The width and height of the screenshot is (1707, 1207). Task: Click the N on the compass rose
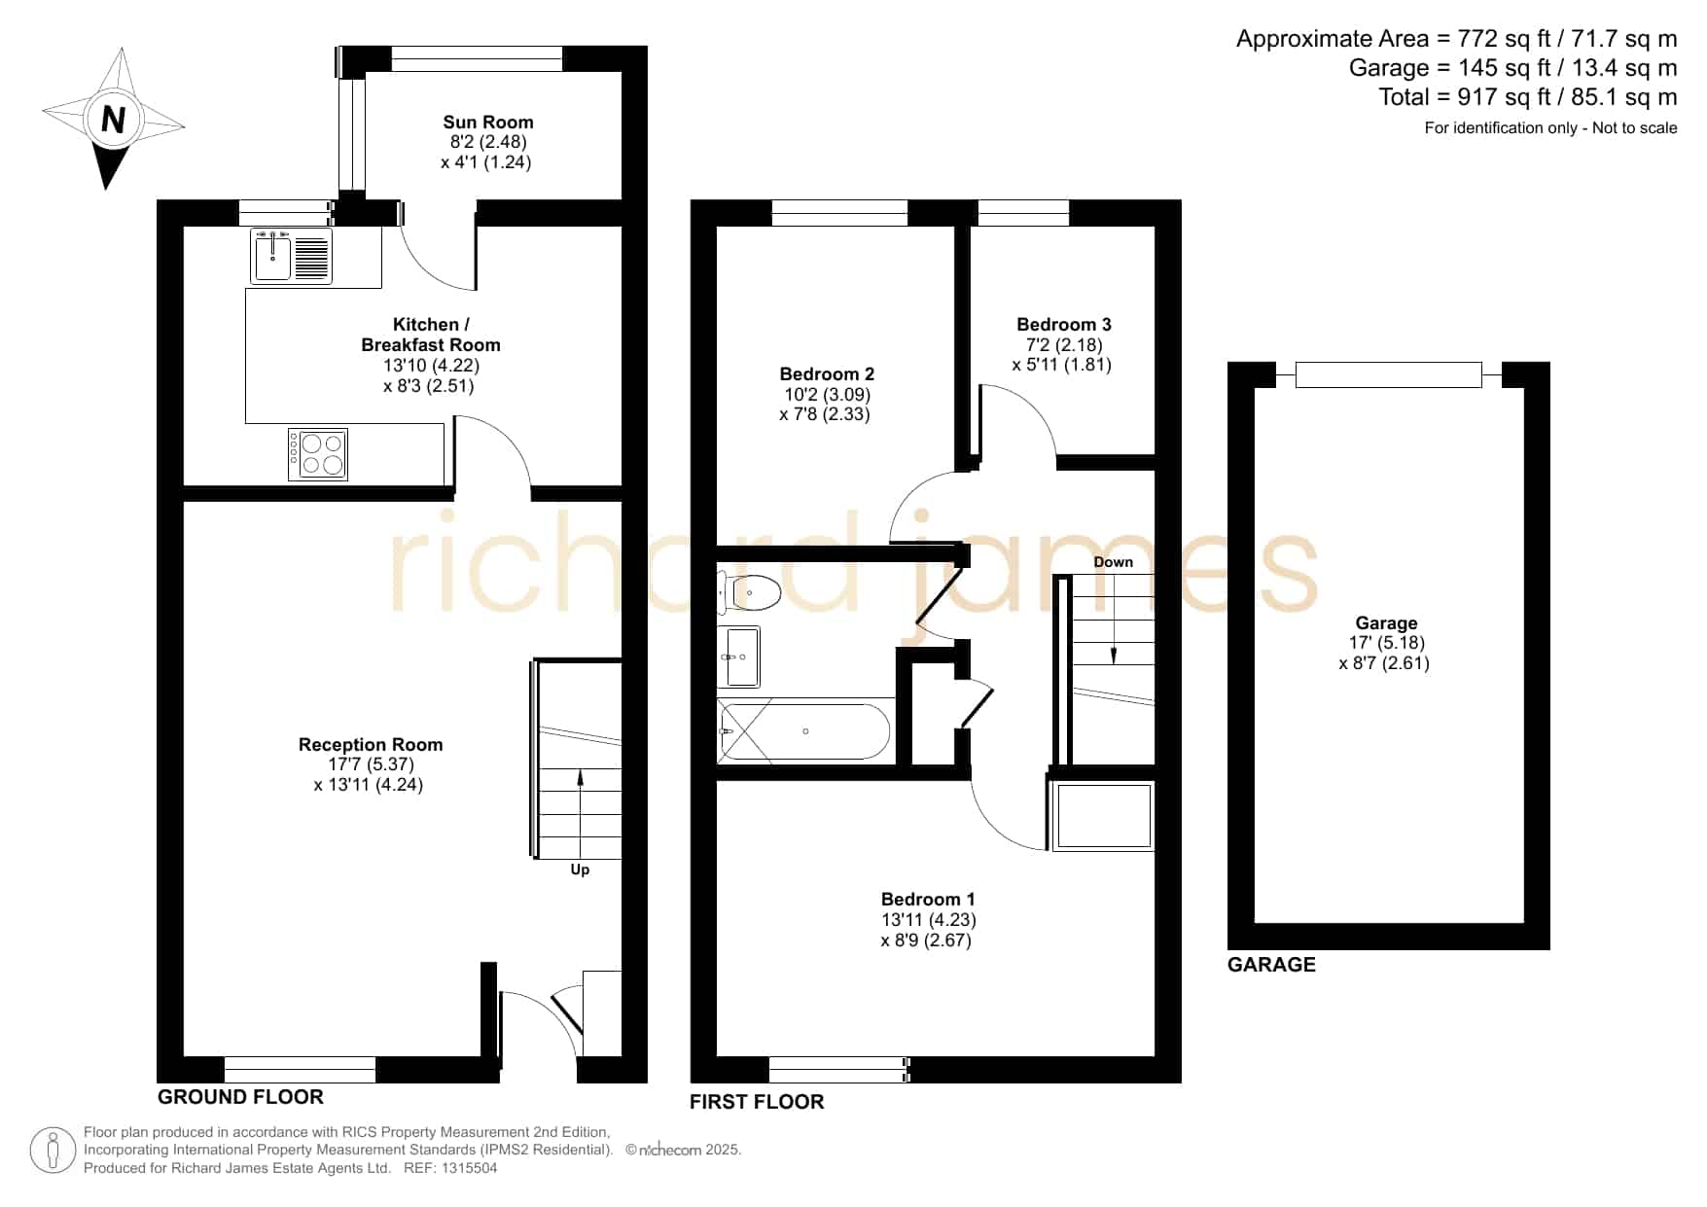click(114, 120)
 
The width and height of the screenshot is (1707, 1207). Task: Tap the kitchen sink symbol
click(292, 256)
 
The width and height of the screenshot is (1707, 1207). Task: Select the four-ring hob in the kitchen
click(318, 454)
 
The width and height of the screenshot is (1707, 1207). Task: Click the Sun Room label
click(488, 123)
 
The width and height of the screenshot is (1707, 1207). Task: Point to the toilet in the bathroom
click(749, 592)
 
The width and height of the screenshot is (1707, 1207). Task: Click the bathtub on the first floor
click(803, 731)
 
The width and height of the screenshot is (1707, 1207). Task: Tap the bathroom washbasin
click(739, 657)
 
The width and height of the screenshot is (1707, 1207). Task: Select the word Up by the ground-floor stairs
click(580, 870)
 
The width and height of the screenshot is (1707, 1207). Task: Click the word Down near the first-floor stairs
click(1114, 562)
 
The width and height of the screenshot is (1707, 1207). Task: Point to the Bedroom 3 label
click(1064, 325)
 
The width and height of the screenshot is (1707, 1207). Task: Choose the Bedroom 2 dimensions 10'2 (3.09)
click(827, 395)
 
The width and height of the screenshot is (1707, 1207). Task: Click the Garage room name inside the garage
click(1386, 623)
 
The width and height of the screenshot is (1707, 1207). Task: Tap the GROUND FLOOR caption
click(240, 1097)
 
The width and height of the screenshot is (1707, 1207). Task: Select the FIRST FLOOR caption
click(757, 1102)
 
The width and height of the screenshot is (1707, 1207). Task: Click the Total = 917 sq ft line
click(1528, 97)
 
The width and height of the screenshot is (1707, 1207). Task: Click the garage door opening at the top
click(1389, 374)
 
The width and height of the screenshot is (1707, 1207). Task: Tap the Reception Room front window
click(300, 1070)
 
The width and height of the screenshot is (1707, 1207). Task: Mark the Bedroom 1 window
click(839, 1070)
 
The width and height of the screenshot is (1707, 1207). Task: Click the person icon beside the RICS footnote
click(53, 1151)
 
